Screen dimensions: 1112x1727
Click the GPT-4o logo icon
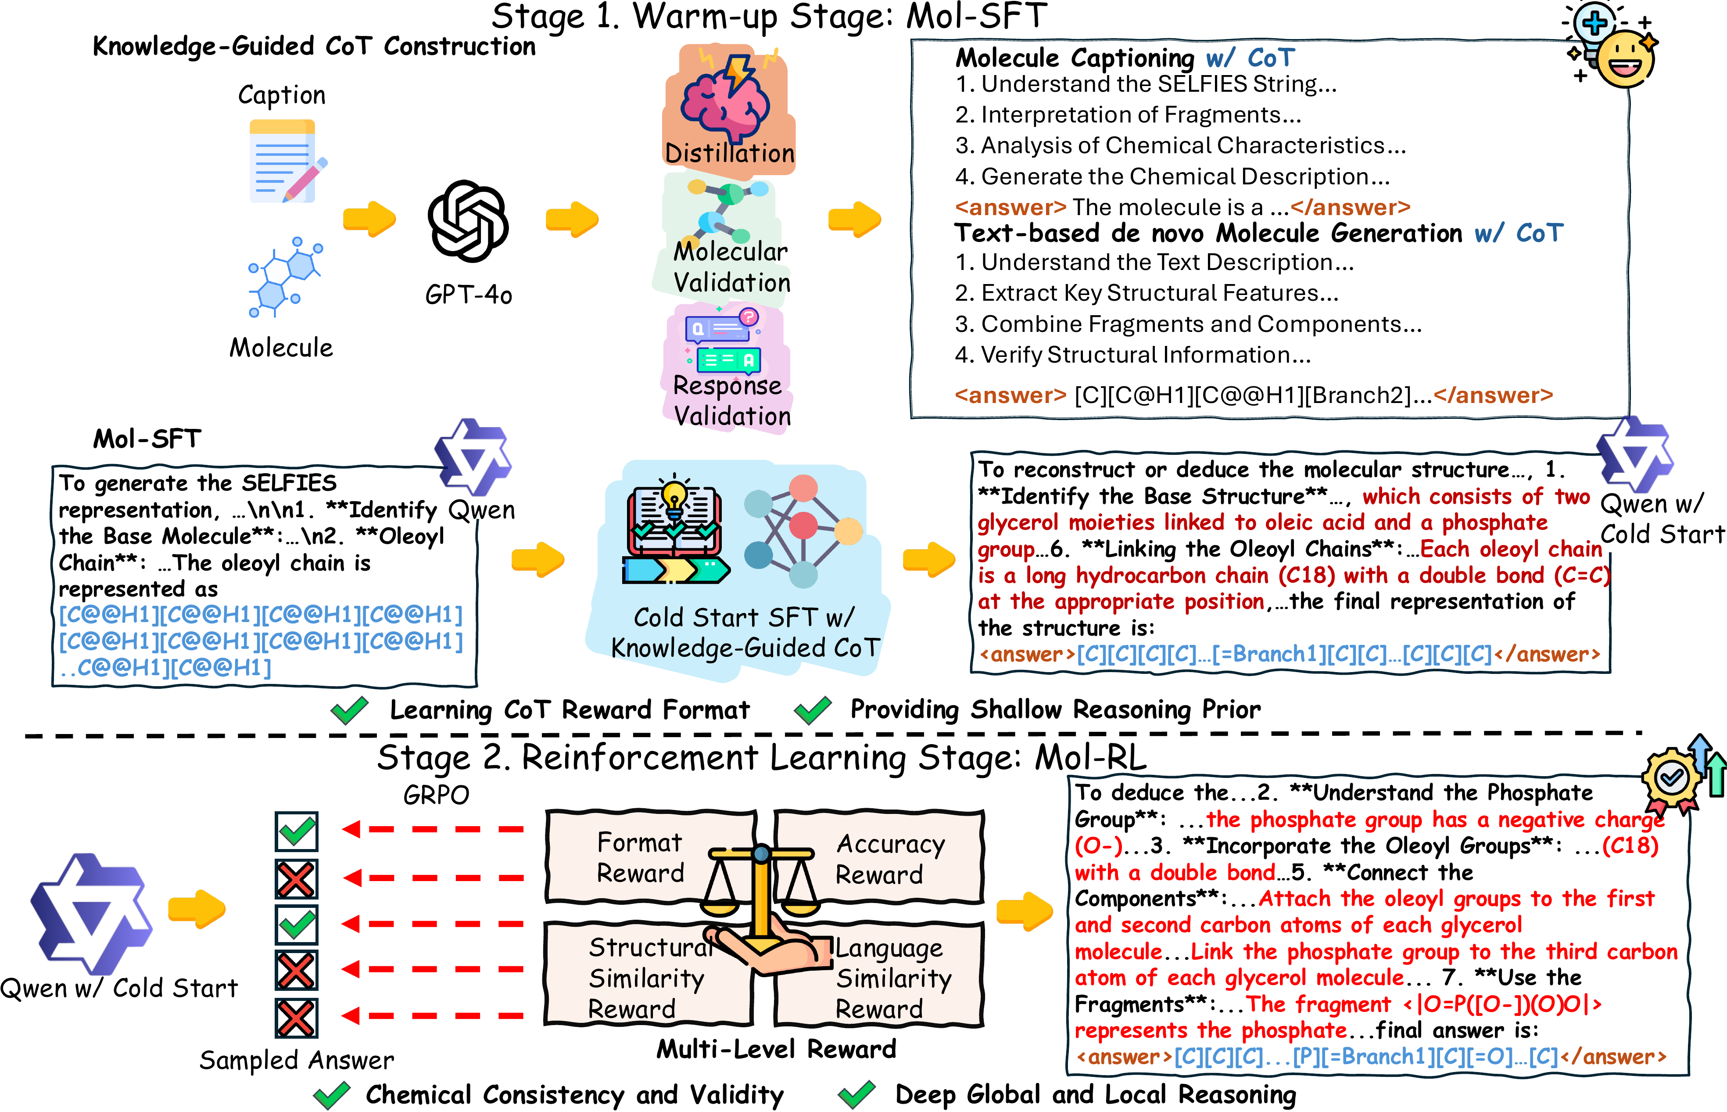[x=468, y=220]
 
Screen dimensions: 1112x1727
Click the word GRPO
[x=436, y=795]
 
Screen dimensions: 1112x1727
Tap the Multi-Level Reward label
[x=776, y=1048]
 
